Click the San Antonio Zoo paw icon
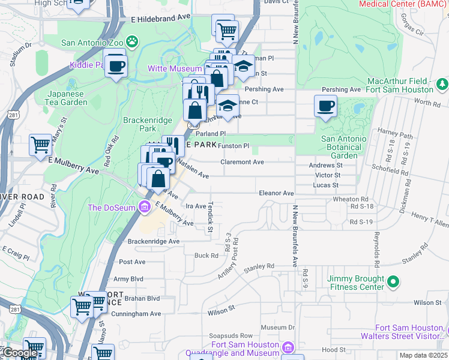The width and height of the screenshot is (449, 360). tap(131, 42)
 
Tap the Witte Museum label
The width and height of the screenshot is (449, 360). tap(175, 69)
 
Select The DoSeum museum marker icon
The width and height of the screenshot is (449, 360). tap(144, 208)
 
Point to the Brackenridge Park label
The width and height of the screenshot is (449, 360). tap(147, 124)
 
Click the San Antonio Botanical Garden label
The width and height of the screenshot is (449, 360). tap(344, 148)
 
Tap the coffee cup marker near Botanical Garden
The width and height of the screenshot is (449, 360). tap(325, 106)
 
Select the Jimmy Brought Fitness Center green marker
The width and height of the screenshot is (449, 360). tap(393, 281)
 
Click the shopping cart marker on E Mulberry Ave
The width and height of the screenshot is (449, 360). tap(40, 145)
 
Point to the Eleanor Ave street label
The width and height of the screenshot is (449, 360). tap(276, 193)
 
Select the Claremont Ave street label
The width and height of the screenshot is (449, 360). tap(243, 162)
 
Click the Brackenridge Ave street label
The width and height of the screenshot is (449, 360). tap(154, 241)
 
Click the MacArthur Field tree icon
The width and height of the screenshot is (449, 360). tap(442, 83)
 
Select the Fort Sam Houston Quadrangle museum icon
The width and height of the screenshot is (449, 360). tap(288, 347)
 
